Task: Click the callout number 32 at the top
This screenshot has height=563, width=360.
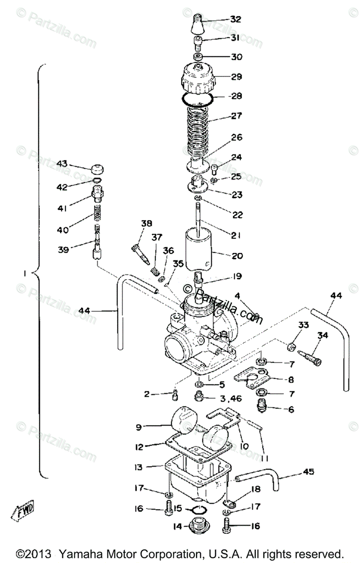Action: [x=235, y=19]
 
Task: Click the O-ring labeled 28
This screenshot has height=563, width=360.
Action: [x=198, y=99]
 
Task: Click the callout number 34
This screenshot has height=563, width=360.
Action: [x=322, y=335]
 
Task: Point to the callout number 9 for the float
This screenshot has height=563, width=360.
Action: [x=138, y=427]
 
